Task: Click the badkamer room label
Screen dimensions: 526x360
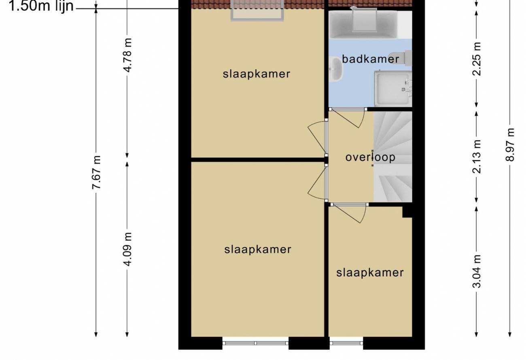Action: (x=370, y=59)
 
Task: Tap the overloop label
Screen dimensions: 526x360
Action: (x=370, y=157)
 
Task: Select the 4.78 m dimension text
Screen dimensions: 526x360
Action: (x=128, y=55)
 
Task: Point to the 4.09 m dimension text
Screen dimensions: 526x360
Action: (x=128, y=249)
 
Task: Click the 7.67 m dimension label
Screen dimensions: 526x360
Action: (x=97, y=172)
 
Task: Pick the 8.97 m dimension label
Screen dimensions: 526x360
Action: (x=510, y=144)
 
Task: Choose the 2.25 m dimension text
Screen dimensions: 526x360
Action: (x=477, y=59)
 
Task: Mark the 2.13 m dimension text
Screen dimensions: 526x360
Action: (x=477, y=156)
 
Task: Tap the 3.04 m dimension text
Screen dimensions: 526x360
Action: (x=477, y=271)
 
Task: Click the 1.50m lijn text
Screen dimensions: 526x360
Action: (x=41, y=6)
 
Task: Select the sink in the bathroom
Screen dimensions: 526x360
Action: (x=335, y=69)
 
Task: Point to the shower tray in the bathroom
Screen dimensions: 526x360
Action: (x=393, y=88)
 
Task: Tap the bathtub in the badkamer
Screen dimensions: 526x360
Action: (x=363, y=24)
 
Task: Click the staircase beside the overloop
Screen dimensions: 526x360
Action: (x=392, y=157)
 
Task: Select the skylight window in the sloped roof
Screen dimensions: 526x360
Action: (x=257, y=11)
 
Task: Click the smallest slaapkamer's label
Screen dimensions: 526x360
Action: (x=370, y=273)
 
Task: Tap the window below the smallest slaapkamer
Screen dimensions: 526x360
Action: (x=346, y=343)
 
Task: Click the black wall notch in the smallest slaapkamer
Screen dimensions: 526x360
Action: (x=407, y=212)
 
